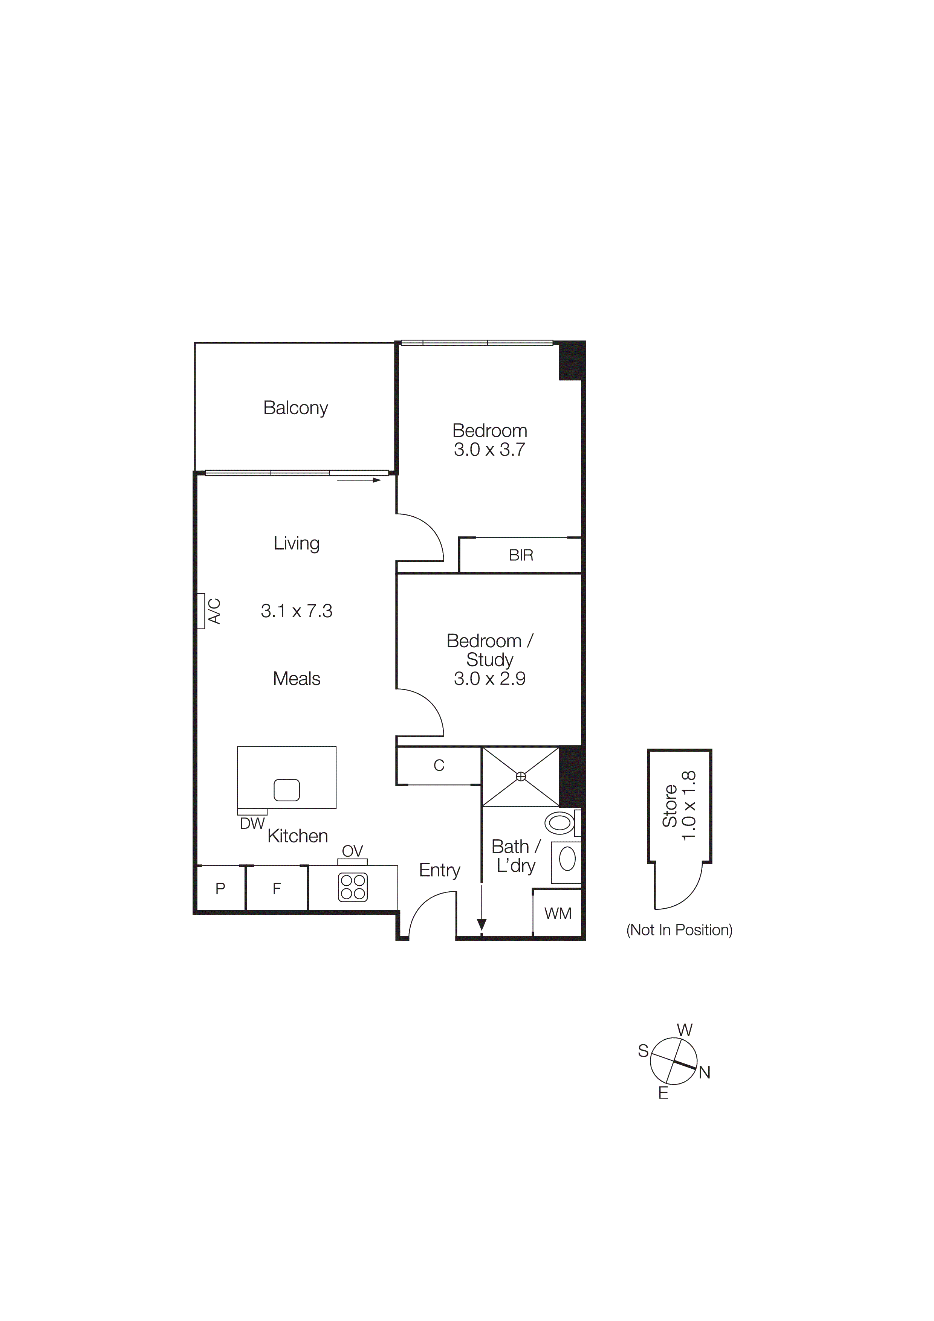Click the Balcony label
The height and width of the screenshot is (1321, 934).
point(295,407)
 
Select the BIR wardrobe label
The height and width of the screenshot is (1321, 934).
point(521,555)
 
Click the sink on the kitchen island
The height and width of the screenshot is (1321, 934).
point(287,790)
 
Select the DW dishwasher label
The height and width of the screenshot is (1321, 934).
point(252,823)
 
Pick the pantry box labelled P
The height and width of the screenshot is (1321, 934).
point(220,888)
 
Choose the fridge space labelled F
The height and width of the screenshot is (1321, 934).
point(277,888)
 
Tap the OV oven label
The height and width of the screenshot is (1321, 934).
point(352,851)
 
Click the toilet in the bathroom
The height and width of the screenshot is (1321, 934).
point(560,823)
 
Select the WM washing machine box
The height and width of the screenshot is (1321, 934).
point(558,913)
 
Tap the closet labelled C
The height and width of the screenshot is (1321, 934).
point(439,765)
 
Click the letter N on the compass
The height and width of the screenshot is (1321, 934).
point(705,1072)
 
